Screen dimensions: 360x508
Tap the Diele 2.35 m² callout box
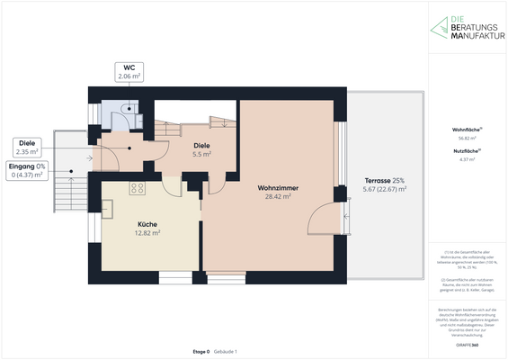pyautogui.click(x=27, y=147)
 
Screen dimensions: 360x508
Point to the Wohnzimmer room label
pyautogui.click(x=278, y=188)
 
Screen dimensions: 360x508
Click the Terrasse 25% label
pyautogui.click(x=384, y=181)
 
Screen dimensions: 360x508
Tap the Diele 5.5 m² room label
pyautogui.click(x=201, y=146)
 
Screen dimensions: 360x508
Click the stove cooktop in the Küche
pyautogui.click(x=138, y=188)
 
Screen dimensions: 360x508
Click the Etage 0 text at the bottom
pyautogui.click(x=201, y=350)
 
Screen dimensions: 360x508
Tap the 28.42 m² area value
pyautogui.click(x=278, y=196)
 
